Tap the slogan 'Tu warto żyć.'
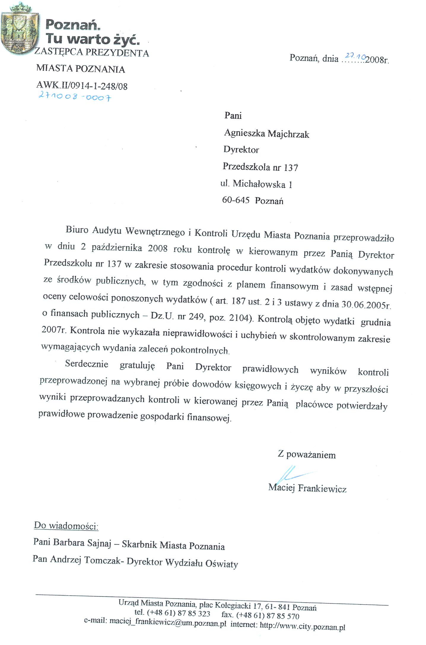[x=93, y=39]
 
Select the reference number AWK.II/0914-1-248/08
[x=82, y=86]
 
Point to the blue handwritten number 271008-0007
[x=75, y=96]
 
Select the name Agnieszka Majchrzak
[x=266, y=134]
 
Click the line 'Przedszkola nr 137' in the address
[x=260, y=167]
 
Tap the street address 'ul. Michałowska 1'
[x=256, y=184]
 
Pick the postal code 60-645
[x=236, y=200]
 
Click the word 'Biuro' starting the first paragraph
[x=77, y=230]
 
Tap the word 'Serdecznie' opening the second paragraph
[x=87, y=364]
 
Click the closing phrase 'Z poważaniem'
[x=307, y=454]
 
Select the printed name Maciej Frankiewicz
[x=307, y=488]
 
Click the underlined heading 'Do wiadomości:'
[x=66, y=526]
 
